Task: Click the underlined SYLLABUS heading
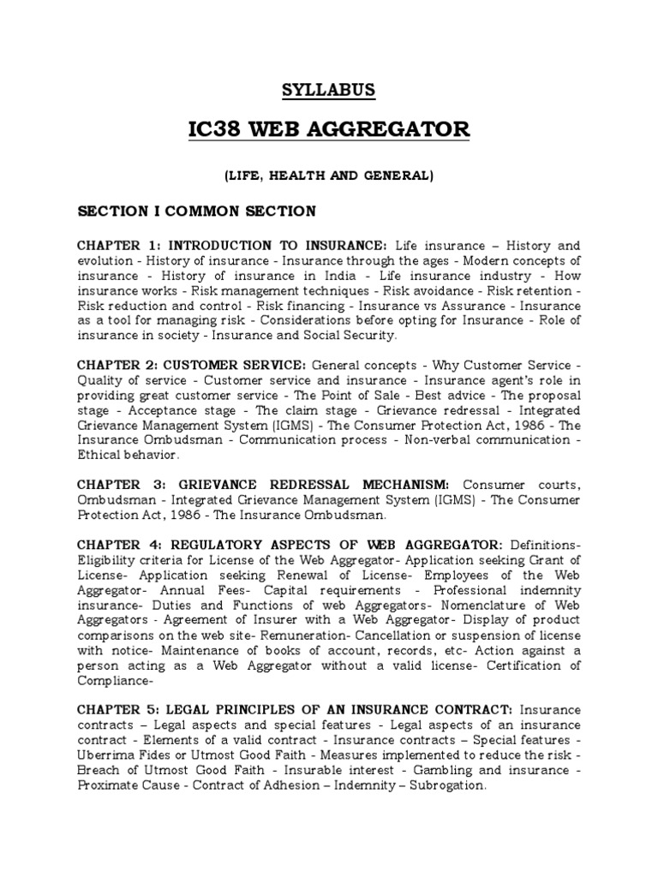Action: (328, 90)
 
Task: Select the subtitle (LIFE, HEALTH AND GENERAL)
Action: (329, 176)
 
